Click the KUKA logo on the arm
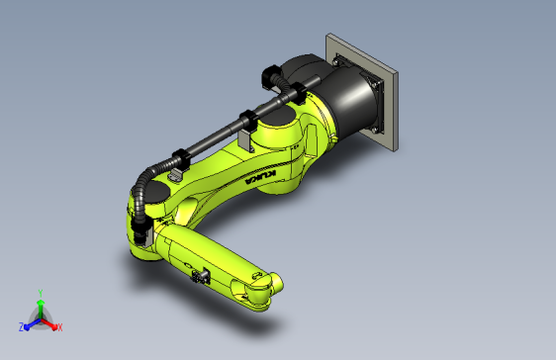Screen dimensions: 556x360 [260, 177]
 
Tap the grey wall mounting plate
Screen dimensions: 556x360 [362, 91]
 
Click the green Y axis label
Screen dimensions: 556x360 [41, 293]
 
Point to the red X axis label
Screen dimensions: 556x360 [60, 327]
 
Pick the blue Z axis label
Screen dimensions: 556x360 [21, 327]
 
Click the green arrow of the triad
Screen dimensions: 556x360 [41, 310]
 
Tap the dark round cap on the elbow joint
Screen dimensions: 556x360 [156, 193]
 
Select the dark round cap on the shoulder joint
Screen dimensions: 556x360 [277, 116]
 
